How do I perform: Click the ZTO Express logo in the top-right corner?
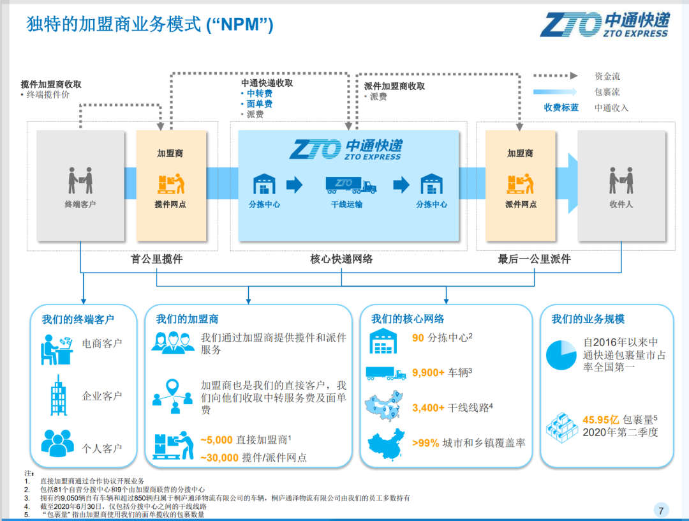[x=605, y=25]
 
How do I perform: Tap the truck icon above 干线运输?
[x=351, y=185]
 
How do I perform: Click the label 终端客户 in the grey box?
[x=80, y=204]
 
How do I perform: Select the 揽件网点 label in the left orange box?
[x=170, y=204]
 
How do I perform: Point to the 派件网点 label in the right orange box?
[x=521, y=204]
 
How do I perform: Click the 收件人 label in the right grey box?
[x=621, y=204]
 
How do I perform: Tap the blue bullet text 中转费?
[x=259, y=94]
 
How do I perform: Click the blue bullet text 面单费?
[x=259, y=104]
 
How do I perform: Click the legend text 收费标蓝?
[x=561, y=108]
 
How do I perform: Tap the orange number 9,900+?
[x=429, y=373]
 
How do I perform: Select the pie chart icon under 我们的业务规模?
[x=561, y=355]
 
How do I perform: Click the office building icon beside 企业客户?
[x=59, y=396]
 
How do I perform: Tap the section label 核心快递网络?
[x=341, y=259]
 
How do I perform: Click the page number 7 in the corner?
[x=661, y=510]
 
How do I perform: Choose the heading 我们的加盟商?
[x=187, y=319]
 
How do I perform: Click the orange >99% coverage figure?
[x=426, y=443]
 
